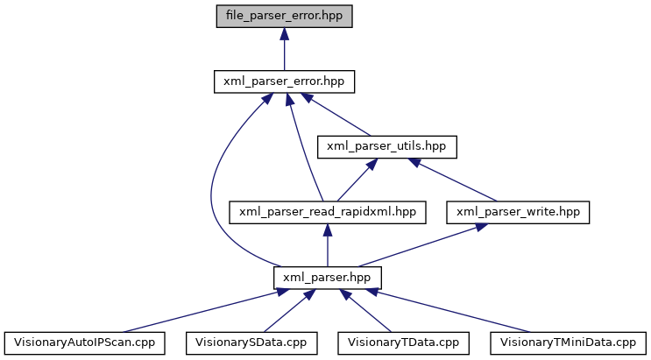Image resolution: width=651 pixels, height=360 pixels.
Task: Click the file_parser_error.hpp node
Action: coord(283,17)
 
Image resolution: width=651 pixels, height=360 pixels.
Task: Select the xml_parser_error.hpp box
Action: coord(283,81)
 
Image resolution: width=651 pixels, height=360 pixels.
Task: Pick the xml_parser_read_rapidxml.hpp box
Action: coord(328,211)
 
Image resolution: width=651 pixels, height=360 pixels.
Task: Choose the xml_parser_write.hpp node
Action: coord(519,211)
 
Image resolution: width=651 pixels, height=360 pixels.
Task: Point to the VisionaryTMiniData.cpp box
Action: coord(568,341)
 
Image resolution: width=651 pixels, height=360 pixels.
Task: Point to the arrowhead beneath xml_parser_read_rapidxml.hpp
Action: coord(328,229)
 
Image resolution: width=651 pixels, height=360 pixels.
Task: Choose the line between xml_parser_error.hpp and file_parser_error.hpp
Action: coord(283,54)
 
